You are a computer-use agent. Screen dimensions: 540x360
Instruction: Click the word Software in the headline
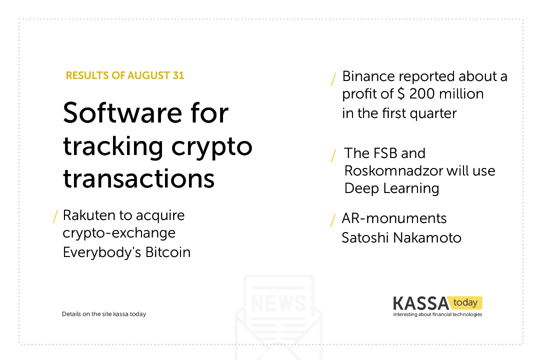122,112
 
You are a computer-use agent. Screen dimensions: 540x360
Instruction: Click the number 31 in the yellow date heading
178,75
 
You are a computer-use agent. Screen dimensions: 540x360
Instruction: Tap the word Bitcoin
167,252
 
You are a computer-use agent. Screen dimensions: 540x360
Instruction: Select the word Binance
368,76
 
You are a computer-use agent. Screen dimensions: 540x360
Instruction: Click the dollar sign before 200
401,93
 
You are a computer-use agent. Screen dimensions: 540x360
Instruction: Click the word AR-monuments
394,218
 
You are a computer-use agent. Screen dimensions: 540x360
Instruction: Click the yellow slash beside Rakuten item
55,216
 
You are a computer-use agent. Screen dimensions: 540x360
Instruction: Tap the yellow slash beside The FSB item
333,155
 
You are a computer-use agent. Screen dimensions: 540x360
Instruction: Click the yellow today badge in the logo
465,302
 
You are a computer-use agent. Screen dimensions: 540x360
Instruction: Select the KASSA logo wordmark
421,303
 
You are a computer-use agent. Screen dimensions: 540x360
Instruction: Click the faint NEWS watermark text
278,303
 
